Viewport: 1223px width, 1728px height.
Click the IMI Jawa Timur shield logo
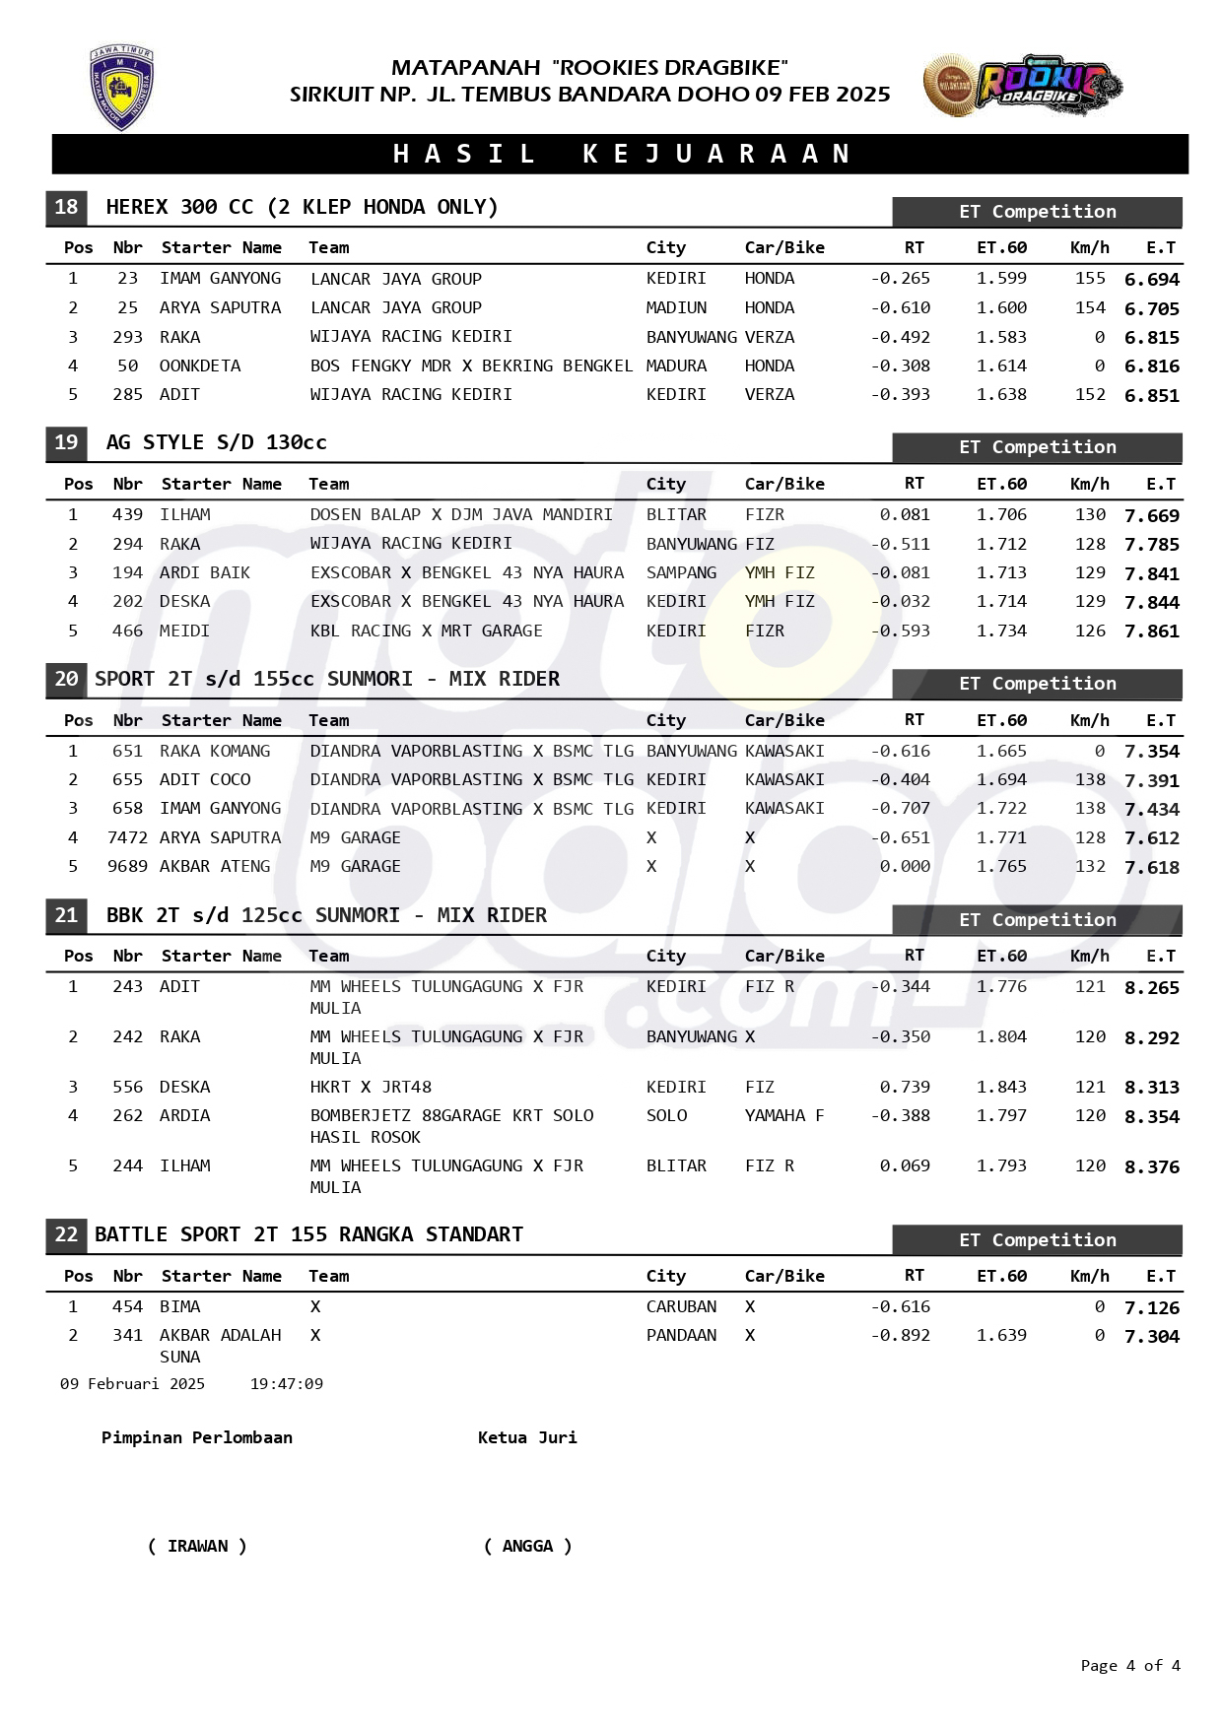point(121,88)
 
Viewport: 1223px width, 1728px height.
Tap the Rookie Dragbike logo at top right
point(1022,87)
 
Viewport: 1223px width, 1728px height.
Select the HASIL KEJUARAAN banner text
point(622,154)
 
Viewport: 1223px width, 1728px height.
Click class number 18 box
point(66,207)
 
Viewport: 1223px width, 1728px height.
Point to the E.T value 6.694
point(1151,280)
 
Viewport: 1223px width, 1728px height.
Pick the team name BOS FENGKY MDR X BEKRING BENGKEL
point(471,366)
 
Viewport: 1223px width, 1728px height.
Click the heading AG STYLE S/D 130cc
point(216,442)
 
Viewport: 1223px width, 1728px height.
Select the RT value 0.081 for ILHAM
point(904,514)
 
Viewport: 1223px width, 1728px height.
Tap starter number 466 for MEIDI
point(127,631)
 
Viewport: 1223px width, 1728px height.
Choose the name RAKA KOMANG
point(215,751)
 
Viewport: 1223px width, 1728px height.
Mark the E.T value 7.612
point(1151,838)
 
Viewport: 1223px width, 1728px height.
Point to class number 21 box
point(66,915)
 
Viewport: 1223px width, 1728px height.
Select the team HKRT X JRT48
point(371,1087)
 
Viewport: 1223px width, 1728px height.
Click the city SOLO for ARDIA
point(666,1115)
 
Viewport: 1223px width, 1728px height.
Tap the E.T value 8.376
point(1151,1167)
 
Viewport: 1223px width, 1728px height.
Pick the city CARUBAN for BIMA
point(681,1306)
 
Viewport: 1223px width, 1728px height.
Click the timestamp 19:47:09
point(286,1384)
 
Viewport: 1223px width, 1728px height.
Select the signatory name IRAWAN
point(197,1546)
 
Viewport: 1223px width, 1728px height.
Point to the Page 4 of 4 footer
point(1129,1666)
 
